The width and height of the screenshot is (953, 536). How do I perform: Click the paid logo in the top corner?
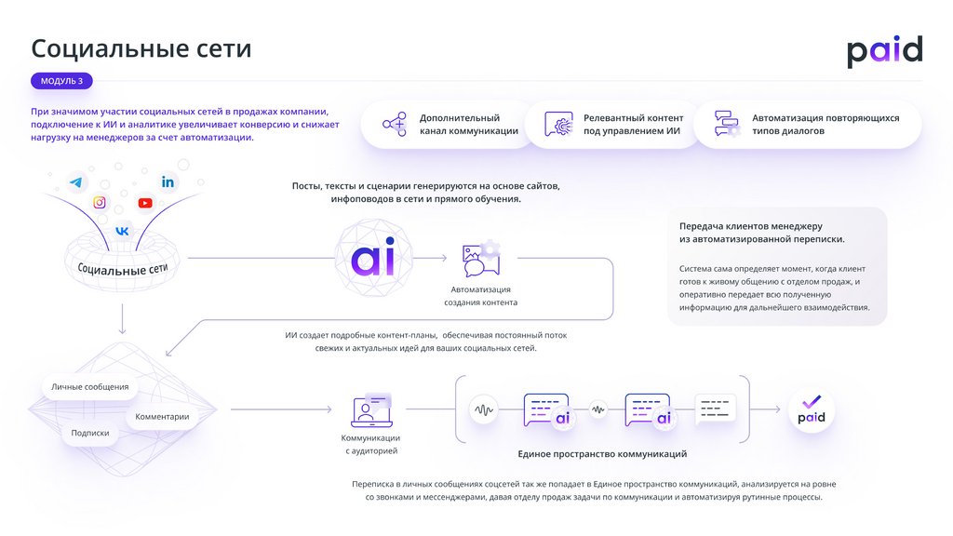click(884, 52)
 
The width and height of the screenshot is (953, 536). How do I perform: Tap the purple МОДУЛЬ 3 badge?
click(61, 81)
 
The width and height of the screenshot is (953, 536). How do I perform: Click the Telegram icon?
click(74, 183)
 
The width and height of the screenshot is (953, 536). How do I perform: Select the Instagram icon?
click(100, 202)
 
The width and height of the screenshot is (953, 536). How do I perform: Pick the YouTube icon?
click(145, 203)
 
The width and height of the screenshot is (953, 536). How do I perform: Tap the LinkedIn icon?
click(168, 181)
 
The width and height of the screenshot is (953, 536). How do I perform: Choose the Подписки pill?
click(90, 433)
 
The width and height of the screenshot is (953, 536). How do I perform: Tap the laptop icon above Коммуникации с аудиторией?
click(370, 410)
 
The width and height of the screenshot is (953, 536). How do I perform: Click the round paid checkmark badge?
click(812, 409)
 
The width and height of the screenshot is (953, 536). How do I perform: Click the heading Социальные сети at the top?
click(141, 48)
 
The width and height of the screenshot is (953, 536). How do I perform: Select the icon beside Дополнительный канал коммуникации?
click(395, 125)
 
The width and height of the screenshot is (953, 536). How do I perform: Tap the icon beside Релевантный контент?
click(558, 125)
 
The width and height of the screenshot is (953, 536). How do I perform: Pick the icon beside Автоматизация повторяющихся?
click(726, 125)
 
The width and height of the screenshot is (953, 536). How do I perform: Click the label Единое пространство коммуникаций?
click(602, 454)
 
